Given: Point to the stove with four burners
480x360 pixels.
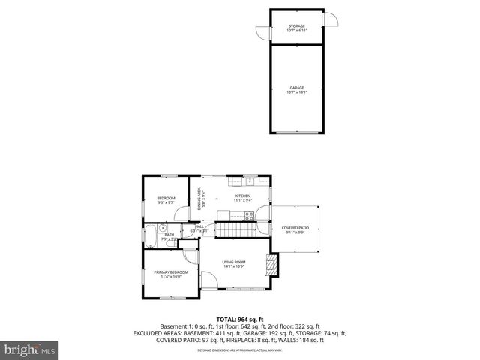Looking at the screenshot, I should [x=249, y=215].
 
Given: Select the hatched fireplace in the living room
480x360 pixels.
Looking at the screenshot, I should [x=272, y=264].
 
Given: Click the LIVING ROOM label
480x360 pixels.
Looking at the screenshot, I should [x=234, y=264].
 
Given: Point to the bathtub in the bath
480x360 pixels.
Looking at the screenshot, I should [x=150, y=235].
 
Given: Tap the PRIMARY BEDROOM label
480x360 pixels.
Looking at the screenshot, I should [x=171, y=274].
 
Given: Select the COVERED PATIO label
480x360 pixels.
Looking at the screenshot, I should [x=295, y=229].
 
